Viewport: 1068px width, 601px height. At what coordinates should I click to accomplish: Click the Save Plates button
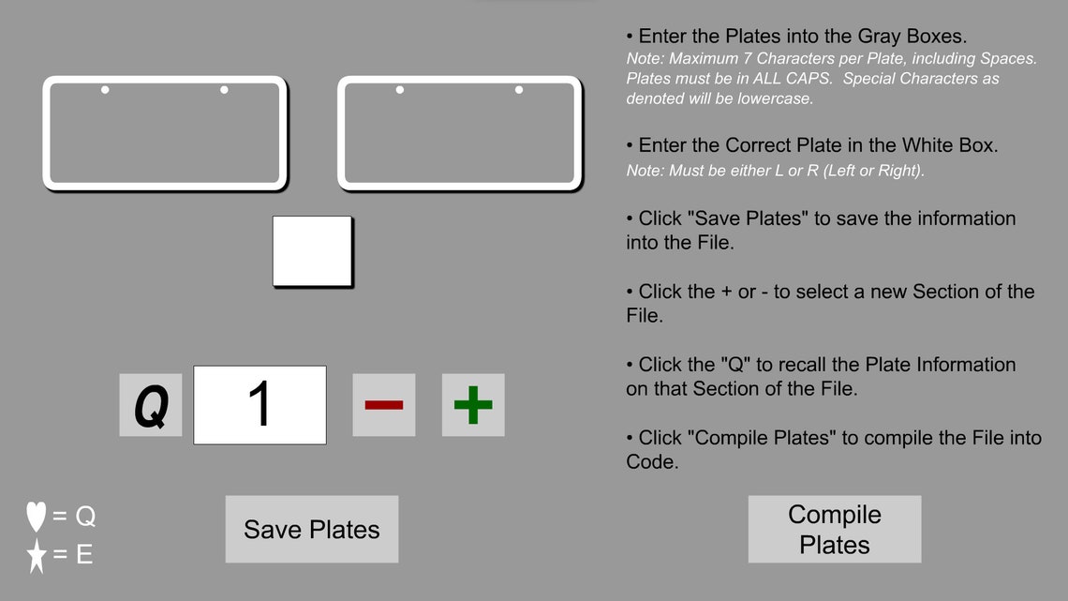312,529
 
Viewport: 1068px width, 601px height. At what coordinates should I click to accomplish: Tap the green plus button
473,405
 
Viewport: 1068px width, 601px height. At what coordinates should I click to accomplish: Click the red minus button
384,405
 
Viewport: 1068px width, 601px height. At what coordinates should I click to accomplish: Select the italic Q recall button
151,405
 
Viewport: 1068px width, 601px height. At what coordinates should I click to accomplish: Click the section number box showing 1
260,405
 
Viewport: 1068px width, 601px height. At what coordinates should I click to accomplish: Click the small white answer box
312,251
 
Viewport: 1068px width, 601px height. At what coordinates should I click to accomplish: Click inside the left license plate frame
164,136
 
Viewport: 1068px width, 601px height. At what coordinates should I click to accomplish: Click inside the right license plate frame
459,136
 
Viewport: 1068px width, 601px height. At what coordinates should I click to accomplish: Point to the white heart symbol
37,517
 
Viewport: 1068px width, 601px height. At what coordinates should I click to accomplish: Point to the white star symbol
37,555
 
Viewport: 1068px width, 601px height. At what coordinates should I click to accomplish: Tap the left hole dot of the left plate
105,90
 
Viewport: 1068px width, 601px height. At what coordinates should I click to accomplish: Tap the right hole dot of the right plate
519,90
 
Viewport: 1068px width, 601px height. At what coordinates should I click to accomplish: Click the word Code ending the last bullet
650,461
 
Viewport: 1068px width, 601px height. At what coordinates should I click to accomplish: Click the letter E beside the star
84,555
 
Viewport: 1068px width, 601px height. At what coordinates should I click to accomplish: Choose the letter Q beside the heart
85,517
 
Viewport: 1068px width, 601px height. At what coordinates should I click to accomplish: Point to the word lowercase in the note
773,98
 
